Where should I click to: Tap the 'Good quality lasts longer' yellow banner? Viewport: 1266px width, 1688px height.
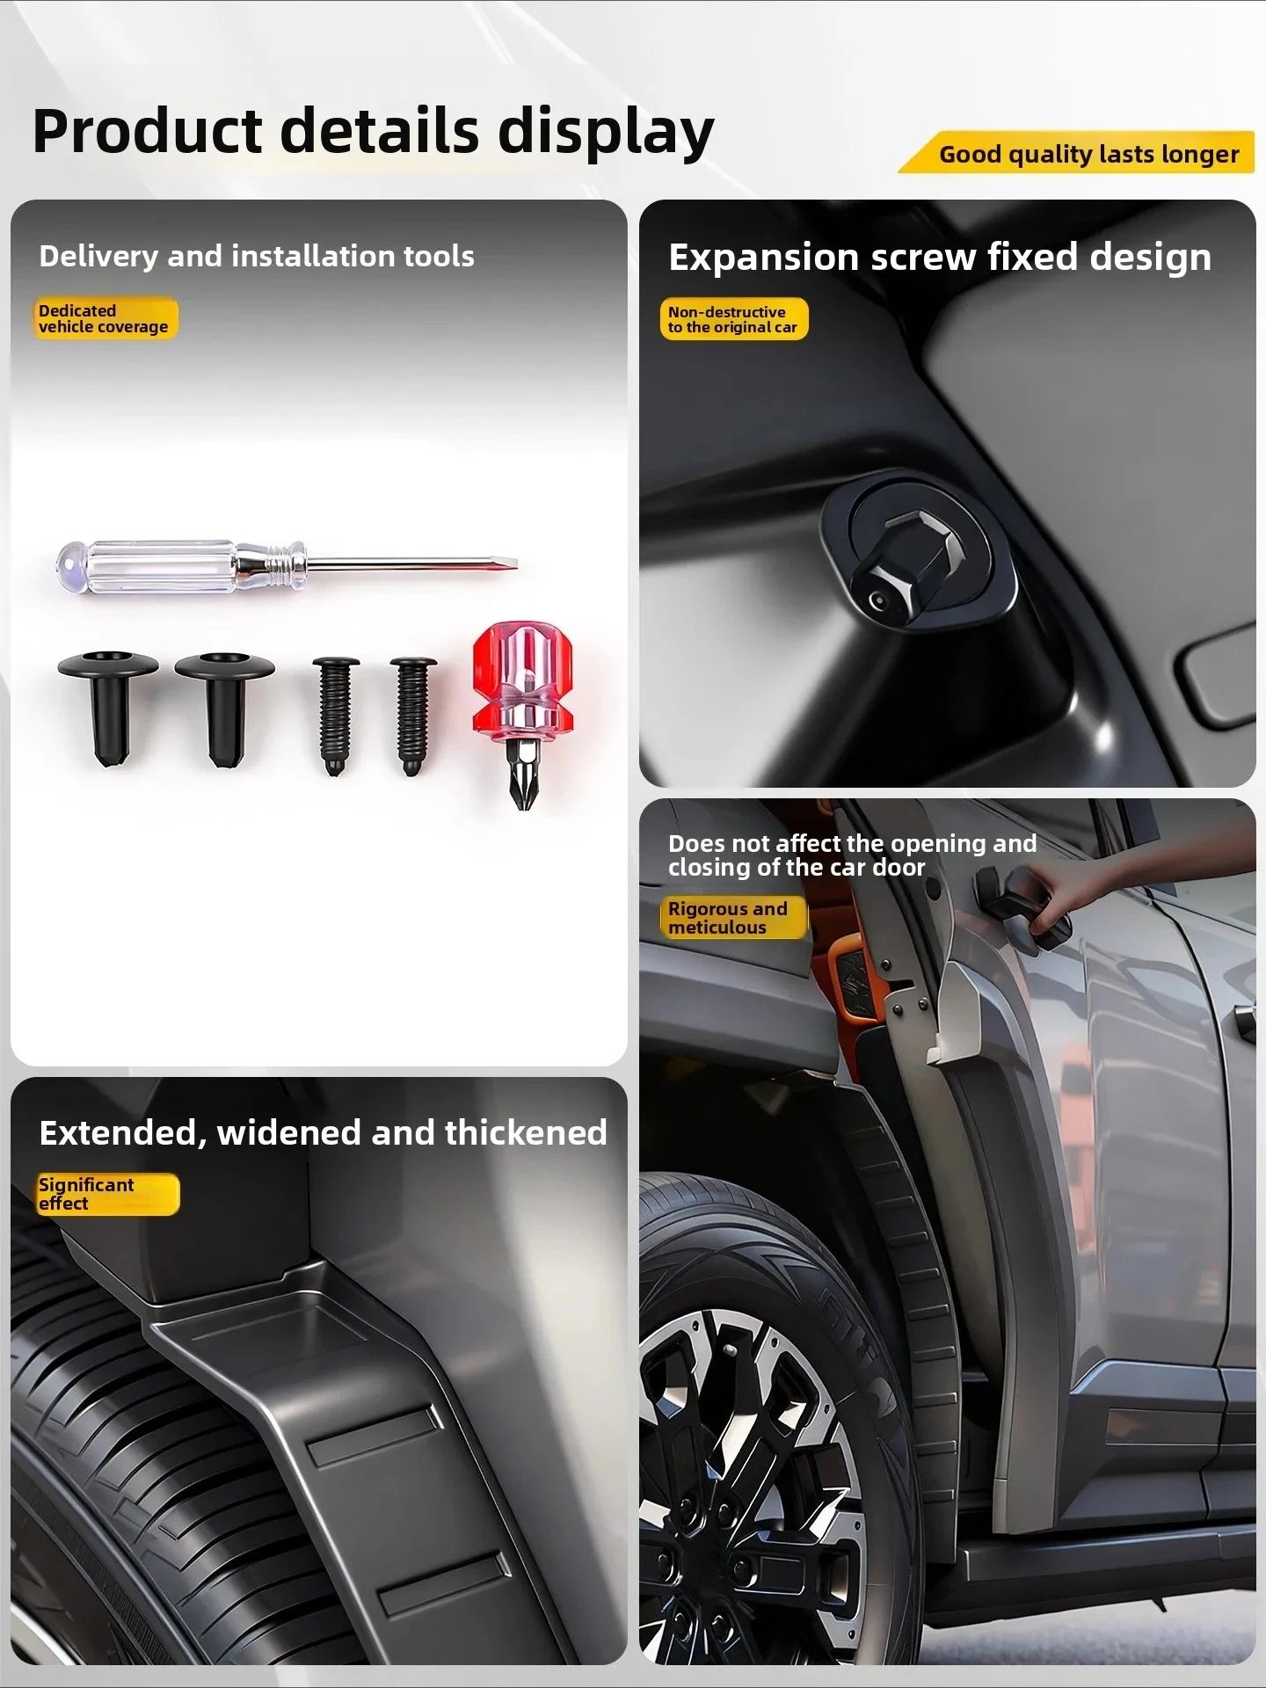(x=1077, y=153)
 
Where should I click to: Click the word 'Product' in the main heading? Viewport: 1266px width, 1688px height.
(x=147, y=132)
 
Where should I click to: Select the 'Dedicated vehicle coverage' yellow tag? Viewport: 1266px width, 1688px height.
(x=105, y=318)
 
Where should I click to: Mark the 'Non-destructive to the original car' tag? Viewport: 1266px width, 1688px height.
(x=733, y=319)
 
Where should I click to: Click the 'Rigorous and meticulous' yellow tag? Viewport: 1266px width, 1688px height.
(x=732, y=918)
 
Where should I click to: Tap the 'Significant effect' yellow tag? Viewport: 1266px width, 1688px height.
(x=107, y=1194)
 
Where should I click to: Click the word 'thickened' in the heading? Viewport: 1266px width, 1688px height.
(x=526, y=1132)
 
